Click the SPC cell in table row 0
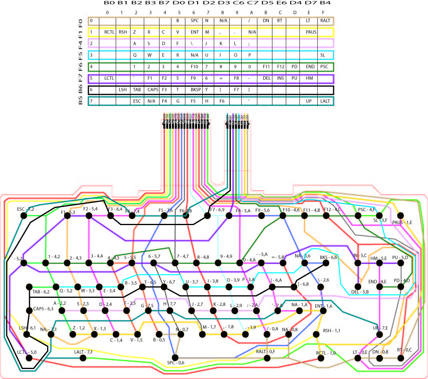194,20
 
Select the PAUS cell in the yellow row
311,32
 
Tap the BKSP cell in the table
195,90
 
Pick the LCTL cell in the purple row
109,78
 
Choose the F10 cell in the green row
194,66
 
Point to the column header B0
109,3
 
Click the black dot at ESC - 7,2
23,215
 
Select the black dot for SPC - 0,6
175,357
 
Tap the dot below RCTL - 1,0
321,358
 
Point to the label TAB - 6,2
41,292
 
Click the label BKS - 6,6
329,257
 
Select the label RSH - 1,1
332,331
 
